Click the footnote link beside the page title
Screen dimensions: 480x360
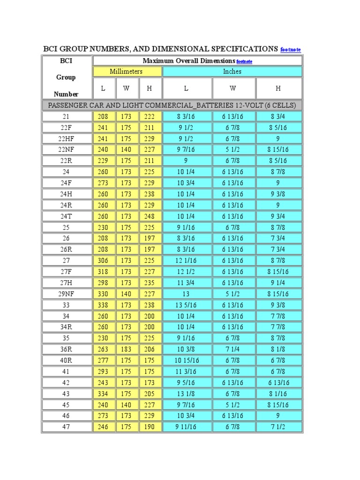290,50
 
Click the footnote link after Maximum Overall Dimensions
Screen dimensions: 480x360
244,61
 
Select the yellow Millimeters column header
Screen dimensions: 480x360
126,71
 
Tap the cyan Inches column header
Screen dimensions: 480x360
232,71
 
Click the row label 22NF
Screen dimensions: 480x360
66,150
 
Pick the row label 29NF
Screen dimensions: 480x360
66,294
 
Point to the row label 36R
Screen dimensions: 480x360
66,349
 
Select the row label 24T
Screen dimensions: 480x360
66,216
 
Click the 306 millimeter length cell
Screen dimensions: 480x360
103,261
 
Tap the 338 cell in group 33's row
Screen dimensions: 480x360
103,305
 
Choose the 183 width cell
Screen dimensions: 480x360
126,349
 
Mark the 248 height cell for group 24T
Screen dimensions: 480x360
150,216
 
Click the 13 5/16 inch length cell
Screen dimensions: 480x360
187,305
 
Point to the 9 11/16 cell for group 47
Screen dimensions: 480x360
187,427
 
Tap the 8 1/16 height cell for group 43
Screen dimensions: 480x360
277,394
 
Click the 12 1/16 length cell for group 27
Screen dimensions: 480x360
187,261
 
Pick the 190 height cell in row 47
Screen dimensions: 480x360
150,427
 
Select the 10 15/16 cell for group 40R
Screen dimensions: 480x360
187,360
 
